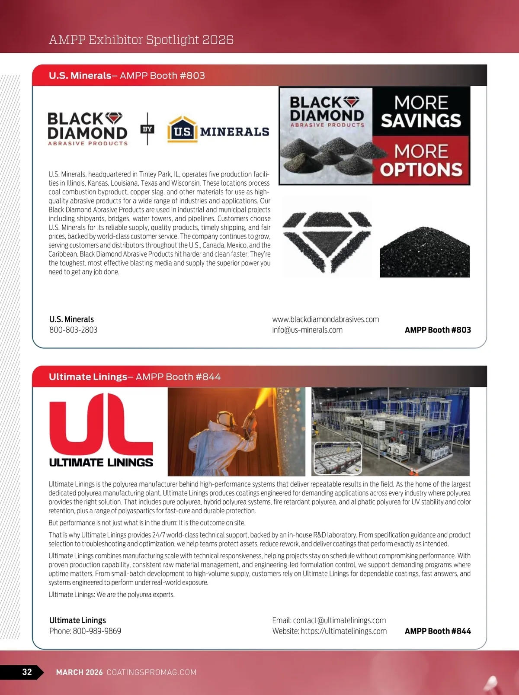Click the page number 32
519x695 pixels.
(x=27, y=672)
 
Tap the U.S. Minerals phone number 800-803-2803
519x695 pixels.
(x=73, y=330)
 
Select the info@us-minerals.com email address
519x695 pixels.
(x=307, y=330)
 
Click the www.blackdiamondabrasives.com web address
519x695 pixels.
(x=325, y=319)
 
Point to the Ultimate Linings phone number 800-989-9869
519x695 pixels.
(x=97, y=631)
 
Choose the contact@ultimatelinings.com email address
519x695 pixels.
(x=339, y=621)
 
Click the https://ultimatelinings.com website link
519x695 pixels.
(x=343, y=631)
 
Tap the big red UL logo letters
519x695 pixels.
(x=101, y=423)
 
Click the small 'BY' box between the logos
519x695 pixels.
(x=147, y=129)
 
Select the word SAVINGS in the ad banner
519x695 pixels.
(x=421, y=121)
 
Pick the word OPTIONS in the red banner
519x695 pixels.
(x=421, y=170)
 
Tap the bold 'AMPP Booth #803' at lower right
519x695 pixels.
(x=438, y=330)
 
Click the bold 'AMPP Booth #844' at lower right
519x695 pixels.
(x=438, y=631)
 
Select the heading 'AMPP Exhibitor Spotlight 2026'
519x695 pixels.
(x=141, y=40)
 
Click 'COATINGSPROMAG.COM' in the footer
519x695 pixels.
(x=151, y=672)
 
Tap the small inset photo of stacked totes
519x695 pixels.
(x=338, y=458)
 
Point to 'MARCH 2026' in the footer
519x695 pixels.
(x=80, y=672)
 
